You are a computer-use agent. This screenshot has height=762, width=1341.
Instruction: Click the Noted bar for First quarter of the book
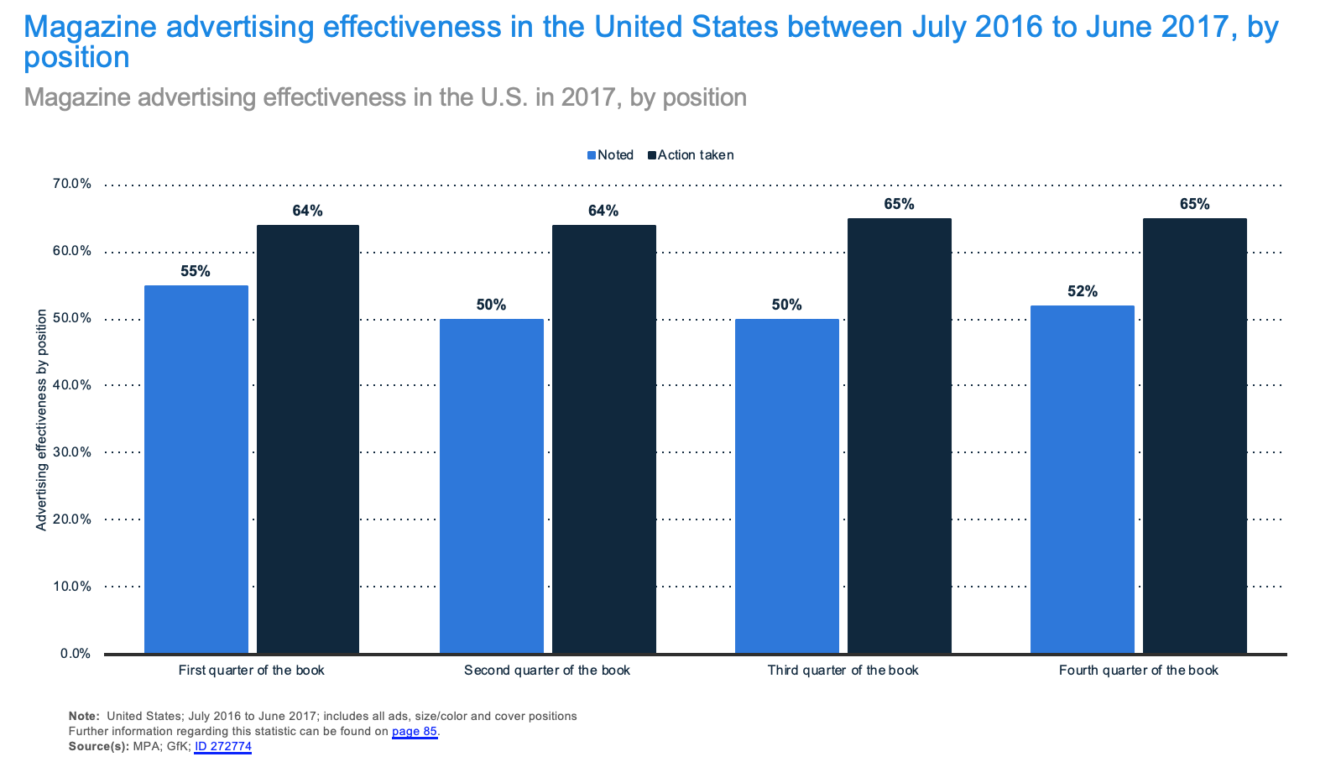point(196,469)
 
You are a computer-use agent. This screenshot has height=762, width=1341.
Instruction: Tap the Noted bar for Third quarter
point(787,486)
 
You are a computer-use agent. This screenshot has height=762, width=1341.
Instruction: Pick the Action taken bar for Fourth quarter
point(1194,436)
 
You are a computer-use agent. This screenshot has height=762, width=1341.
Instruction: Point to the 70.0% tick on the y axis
point(73,184)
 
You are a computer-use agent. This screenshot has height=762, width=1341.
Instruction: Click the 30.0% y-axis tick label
point(73,452)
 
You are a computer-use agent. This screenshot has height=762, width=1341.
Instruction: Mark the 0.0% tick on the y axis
point(76,654)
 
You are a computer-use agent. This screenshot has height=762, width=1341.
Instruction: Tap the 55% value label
point(196,271)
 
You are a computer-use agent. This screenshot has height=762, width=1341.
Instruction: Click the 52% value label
point(1083,291)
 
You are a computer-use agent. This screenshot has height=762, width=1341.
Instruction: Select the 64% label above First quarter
point(308,211)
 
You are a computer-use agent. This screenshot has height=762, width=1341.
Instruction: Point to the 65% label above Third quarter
point(899,204)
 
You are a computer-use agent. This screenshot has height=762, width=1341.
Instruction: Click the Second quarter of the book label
point(547,671)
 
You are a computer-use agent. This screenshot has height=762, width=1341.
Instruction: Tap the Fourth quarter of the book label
point(1138,671)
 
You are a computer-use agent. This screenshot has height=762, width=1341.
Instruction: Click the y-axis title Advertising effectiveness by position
point(41,420)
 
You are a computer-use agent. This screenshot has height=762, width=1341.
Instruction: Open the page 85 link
point(415,731)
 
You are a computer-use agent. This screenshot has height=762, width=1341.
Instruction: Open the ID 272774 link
point(223,746)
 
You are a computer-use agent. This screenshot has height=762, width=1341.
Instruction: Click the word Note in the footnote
point(83,716)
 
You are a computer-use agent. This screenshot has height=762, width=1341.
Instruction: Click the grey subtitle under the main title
point(385,97)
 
